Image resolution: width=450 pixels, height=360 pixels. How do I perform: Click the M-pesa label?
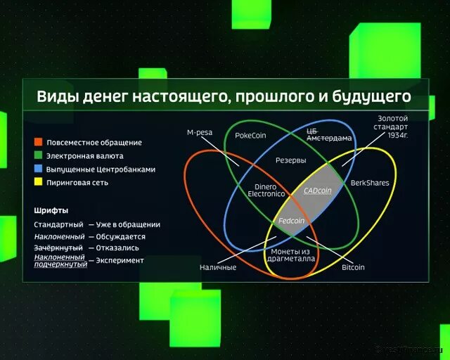199,132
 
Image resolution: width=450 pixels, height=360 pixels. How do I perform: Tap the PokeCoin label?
250,135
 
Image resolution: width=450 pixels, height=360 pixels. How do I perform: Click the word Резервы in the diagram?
290,160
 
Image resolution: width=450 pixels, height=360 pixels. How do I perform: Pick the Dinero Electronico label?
266,189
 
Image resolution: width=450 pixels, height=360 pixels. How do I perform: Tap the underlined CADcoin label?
317,191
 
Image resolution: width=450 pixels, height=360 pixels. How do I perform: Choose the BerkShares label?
370,183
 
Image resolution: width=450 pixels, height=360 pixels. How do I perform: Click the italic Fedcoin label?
291,220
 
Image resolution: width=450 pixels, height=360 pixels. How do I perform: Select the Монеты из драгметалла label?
290,255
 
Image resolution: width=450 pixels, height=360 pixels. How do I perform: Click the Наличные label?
218,267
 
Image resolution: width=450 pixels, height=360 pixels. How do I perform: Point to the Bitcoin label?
353,267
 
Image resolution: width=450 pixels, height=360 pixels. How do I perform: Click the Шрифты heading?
51,210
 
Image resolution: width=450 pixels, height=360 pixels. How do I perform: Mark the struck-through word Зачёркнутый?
58,247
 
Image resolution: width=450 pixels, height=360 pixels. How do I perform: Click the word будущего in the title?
371,96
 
